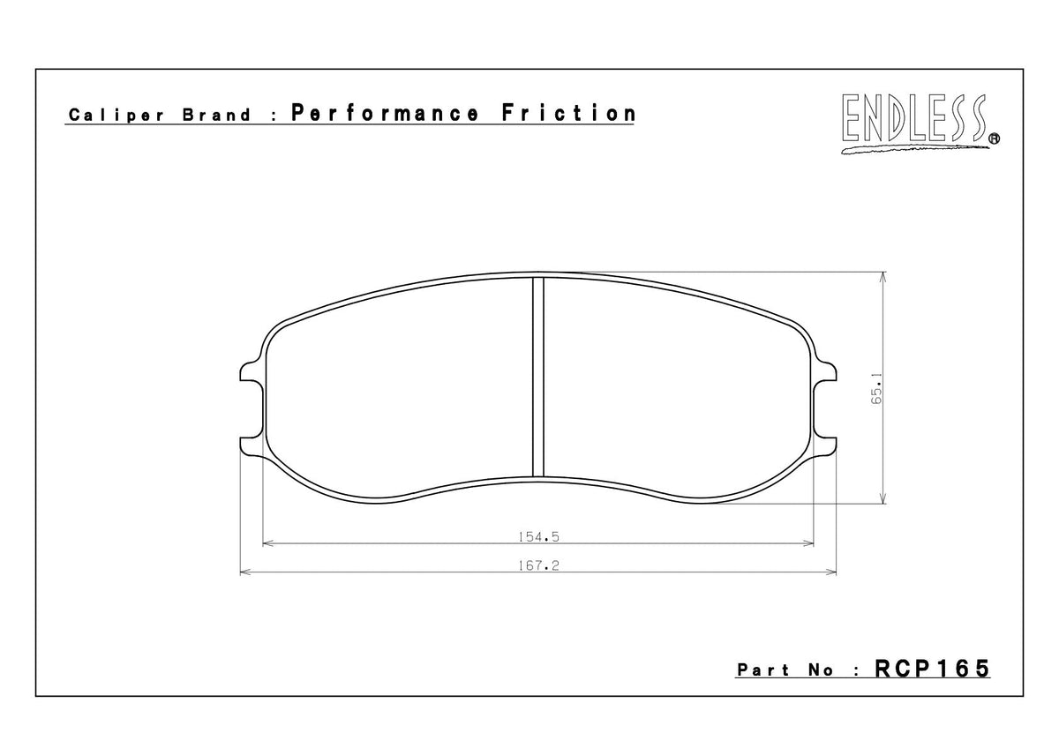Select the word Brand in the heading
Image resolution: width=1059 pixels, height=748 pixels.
(217, 116)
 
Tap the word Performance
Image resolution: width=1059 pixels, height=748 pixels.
(385, 114)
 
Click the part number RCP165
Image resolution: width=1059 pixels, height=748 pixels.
(932, 669)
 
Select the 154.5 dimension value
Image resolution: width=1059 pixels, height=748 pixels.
(538, 535)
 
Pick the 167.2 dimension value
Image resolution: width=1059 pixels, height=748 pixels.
(538, 565)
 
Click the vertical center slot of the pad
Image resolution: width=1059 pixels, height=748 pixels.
(538, 376)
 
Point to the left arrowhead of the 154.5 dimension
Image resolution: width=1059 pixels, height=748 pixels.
(269, 543)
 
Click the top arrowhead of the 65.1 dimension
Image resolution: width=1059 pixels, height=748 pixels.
(884, 276)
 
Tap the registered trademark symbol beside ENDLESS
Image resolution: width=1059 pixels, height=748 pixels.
(994, 138)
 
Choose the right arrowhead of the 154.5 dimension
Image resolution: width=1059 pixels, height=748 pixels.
(807, 543)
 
